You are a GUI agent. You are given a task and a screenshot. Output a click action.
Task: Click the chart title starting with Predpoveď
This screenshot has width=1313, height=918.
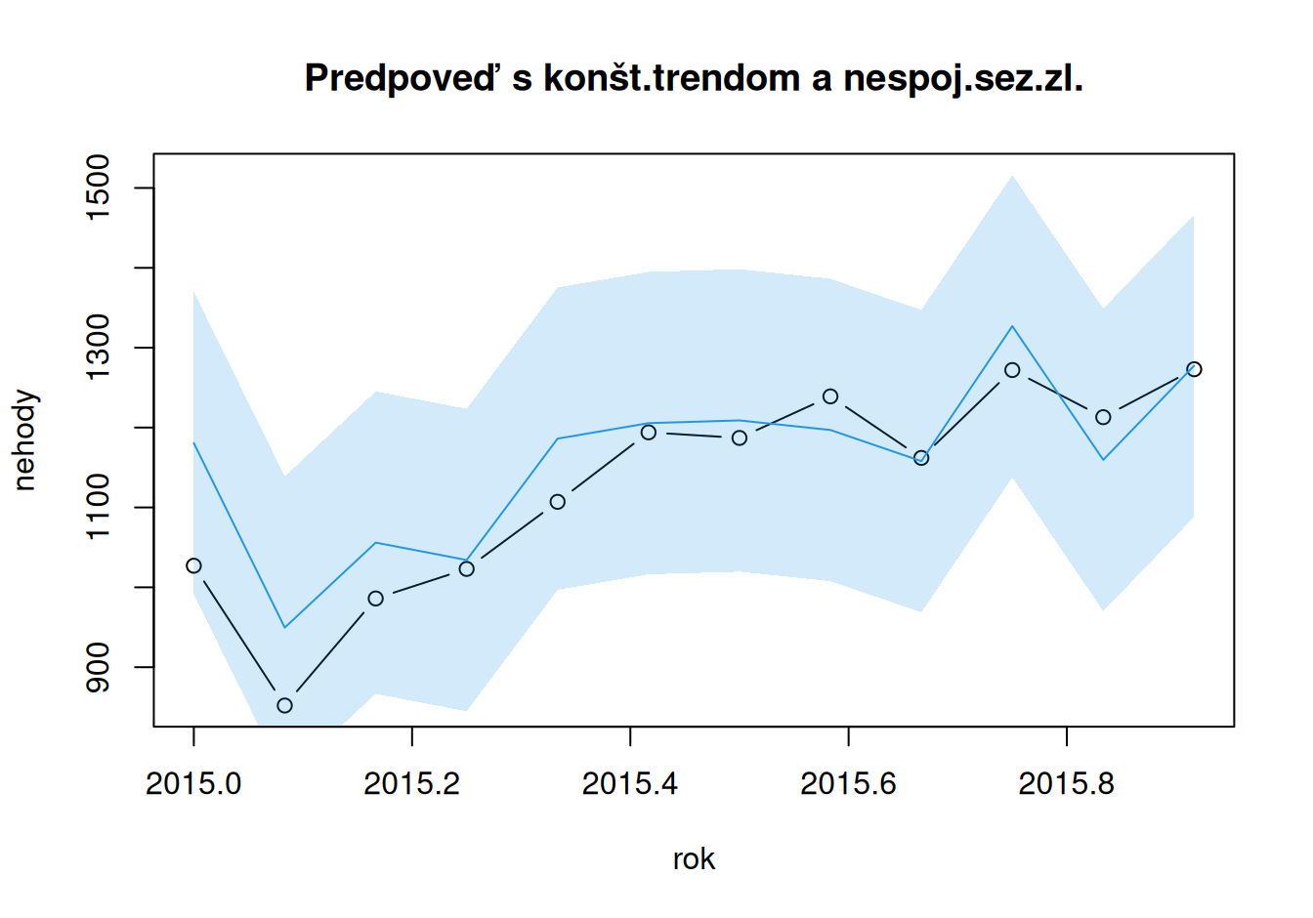tap(694, 78)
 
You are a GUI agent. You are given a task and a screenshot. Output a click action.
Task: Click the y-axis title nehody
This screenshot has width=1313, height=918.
tap(24, 440)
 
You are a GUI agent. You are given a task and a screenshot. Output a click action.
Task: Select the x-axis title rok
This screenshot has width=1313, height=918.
tap(694, 859)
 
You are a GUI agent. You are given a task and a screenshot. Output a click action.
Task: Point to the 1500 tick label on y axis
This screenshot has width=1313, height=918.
tap(98, 188)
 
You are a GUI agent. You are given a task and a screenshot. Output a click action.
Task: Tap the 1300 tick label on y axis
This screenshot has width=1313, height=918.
tap(98, 348)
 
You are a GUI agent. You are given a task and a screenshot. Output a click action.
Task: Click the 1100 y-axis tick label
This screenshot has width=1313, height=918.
tap(98, 507)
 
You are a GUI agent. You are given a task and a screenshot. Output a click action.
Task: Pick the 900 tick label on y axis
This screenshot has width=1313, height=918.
tap(98, 667)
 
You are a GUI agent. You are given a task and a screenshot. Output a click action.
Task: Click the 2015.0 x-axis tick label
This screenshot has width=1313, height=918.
tap(193, 783)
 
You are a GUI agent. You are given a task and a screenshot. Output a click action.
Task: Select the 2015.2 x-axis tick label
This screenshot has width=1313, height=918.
tap(411, 783)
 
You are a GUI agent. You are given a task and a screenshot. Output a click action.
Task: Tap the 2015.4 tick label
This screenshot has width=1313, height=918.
tap(630, 783)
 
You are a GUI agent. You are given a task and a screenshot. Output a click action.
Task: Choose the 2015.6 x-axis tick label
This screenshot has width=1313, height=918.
tap(848, 783)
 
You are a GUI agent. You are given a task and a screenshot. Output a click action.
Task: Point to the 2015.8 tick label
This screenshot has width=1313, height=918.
tap(1066, 783)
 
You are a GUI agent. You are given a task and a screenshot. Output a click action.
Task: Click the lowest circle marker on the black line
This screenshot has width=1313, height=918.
tap(284, 705)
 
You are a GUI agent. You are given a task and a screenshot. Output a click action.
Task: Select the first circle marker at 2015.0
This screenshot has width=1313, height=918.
tap(193, 565)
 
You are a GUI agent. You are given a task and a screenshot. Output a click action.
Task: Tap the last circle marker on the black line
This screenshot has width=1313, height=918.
tap(1194, 369)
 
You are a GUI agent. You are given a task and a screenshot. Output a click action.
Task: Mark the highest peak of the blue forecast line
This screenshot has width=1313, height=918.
tap(1012, 326)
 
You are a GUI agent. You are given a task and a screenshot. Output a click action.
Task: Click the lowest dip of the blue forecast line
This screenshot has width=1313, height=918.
tap(284, 627)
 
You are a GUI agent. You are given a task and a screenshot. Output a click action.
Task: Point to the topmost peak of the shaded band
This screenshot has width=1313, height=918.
tap(1012, 176)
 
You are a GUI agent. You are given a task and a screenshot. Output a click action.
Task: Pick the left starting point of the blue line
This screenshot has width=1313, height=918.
tap(193, 442)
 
